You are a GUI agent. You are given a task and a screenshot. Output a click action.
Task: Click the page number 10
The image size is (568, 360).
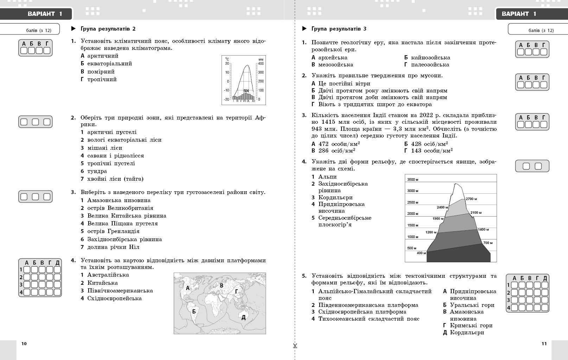click(x=24, y=343)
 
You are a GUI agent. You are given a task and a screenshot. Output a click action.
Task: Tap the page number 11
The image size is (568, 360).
click(x=544, y=343)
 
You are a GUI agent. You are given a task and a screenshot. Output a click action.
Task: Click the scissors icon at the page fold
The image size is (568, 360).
click(x=295, y=346)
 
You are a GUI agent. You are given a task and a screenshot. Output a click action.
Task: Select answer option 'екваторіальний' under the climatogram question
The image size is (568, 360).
click(x=109, y=64)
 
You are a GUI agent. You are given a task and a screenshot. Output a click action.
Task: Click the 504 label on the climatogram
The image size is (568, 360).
click(x=246, y=91)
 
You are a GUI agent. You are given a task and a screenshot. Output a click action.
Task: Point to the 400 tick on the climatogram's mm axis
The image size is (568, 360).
click(x=261, y=64)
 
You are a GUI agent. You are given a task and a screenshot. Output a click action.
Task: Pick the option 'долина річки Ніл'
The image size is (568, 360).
click(x=113, y=247)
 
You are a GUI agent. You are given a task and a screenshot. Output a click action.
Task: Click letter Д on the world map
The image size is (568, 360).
click(x=243, y=317)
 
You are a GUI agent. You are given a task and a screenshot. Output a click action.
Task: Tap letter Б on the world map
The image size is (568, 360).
click(x=194, y=311)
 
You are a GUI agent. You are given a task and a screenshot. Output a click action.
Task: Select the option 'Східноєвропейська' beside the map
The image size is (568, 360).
click(x=114, y=298)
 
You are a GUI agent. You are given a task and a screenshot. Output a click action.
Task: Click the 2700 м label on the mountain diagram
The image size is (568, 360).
click(x=471, y=199)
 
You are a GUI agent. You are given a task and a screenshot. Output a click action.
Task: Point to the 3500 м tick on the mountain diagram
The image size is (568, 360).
click(x=413, y=180)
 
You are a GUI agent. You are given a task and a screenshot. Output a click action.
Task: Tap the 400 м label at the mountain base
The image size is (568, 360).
click(x=421, y=253)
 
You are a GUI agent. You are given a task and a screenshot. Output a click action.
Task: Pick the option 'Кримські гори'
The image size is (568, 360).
click(x=471, y=326)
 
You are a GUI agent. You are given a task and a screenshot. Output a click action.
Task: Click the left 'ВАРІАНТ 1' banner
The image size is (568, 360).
click(x=45, y=14)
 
